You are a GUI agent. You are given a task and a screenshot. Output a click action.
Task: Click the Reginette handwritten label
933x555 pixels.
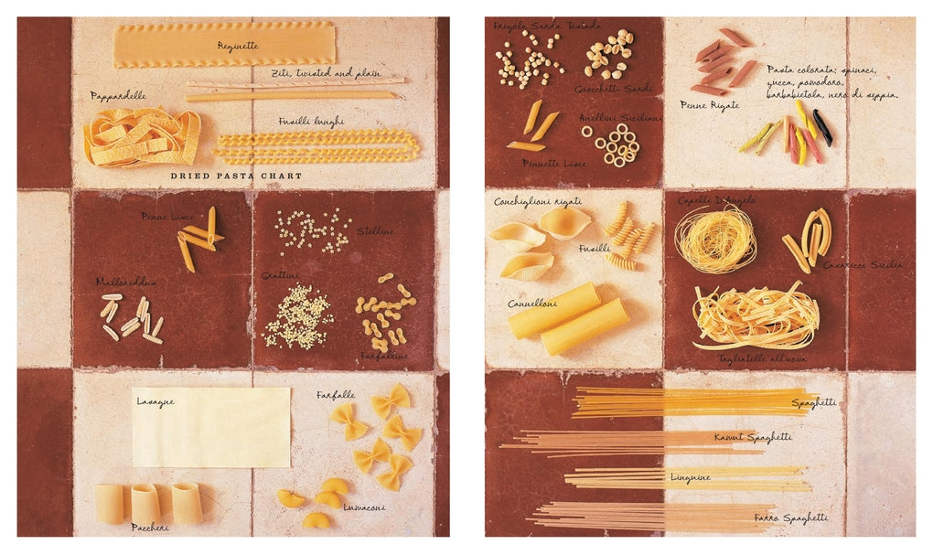click(x=238, y=45)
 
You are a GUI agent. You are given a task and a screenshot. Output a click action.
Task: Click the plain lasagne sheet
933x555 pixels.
click(x=211, y=427)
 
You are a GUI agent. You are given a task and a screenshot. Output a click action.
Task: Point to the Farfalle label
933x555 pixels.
click(x=336, y=395)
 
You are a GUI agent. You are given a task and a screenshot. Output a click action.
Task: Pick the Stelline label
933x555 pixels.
click(x=376, y=231)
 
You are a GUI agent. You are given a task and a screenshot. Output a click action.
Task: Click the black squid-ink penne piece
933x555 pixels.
click(x=822, y=128)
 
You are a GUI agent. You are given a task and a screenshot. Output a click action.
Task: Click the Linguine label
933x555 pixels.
click(x=691, y=477)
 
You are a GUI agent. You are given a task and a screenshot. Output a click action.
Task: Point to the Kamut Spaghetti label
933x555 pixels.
click(x=753, y=438)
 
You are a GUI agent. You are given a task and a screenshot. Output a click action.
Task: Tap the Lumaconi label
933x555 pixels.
click(x=364, y=507)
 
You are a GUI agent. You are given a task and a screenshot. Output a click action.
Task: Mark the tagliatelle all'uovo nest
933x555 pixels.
click(x=756, y=315)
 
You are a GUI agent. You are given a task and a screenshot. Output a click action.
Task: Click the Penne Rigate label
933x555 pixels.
click(x=710, y=106)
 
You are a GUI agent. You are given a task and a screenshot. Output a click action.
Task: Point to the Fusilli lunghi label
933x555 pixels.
click(x=311, y=121)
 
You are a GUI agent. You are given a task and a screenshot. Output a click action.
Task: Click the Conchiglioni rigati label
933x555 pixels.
click(x=538, y=201)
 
